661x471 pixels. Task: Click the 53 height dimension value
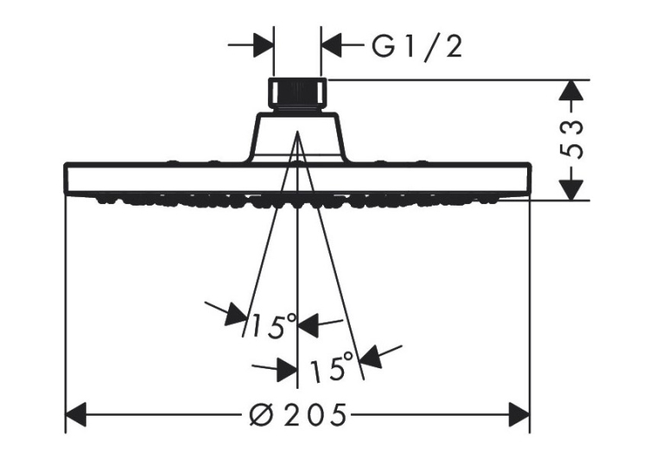point(571,139)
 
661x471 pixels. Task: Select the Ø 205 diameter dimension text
point(297,415)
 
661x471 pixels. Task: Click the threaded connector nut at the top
point(297,94)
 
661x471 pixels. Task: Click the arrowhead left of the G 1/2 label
point(331,44)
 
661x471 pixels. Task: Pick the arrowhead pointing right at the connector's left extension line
point(264,44)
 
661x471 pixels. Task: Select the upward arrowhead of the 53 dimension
point(571,90)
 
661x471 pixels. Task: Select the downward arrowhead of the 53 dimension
point(571,190)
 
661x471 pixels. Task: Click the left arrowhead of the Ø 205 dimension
point(76,415)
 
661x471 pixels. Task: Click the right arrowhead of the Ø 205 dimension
point(519,415)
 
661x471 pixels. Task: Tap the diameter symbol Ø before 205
point(262,415)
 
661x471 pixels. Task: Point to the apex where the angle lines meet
point(297,131)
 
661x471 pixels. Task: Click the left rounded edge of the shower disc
point(65,177)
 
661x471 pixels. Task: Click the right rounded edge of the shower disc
point(530,177)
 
